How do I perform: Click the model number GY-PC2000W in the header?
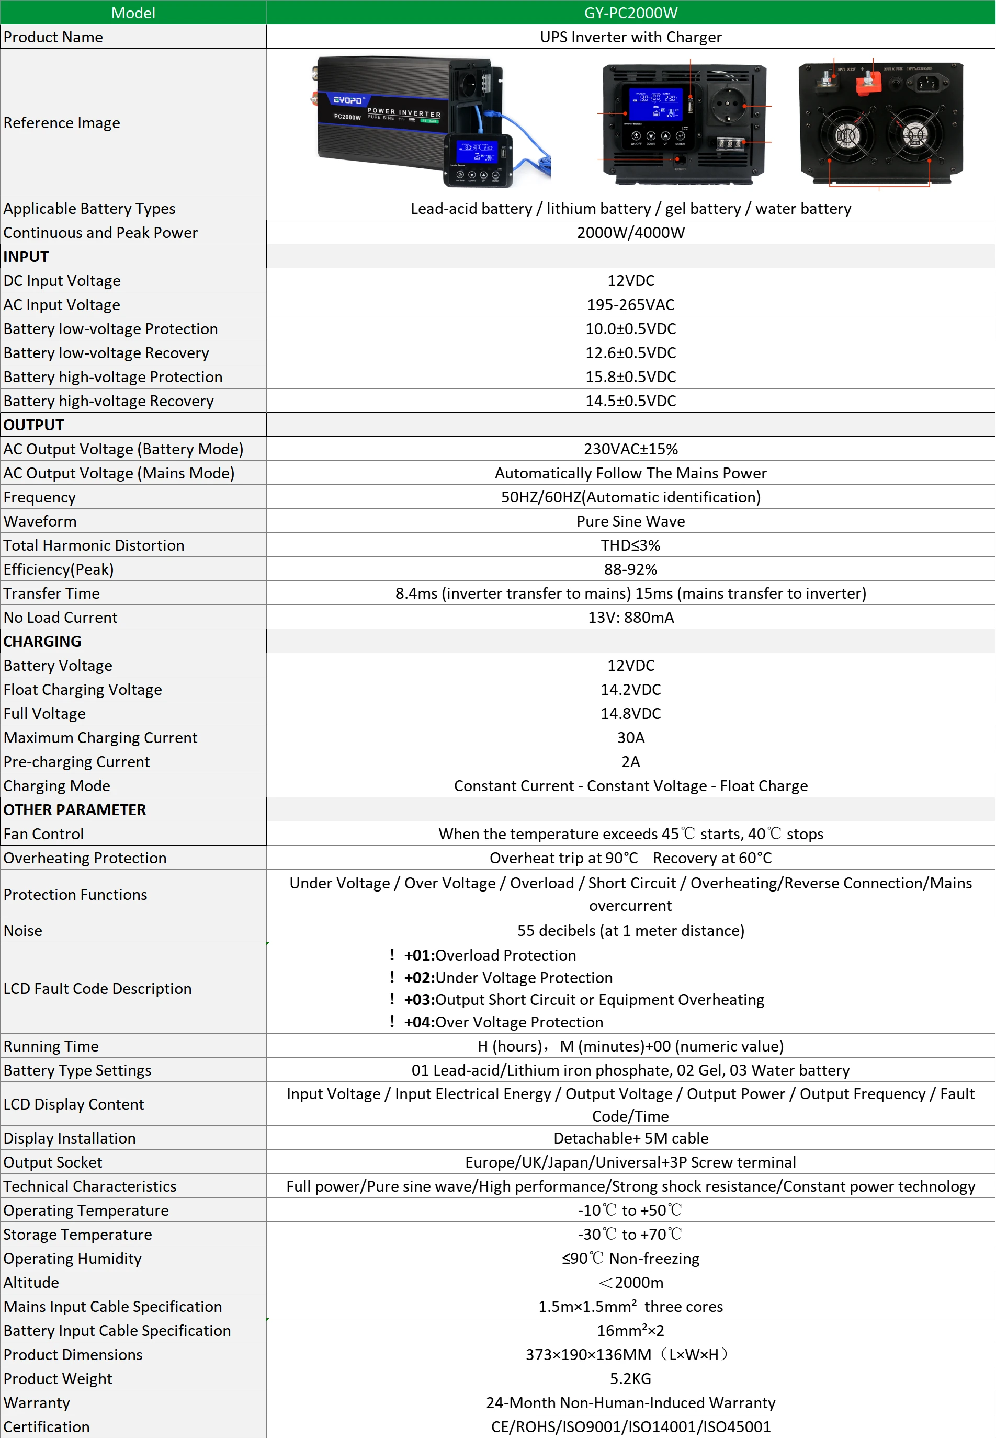[630, 13]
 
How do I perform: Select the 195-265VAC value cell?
[630, 304]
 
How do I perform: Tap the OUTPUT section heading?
[33, 425]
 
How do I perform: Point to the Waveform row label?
[40, 521]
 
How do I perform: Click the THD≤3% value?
[630, 545]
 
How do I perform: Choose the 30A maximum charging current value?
[630, 737]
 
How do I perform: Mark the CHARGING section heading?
[42, 641]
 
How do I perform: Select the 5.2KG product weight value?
[630, 1378]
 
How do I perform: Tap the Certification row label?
[47, 1426]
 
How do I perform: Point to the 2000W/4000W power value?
[630, 233]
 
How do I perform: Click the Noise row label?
[23, 930]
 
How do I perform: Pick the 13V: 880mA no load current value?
[630, 617]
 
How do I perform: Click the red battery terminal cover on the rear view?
[867, 82]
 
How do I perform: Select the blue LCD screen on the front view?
[655, 103]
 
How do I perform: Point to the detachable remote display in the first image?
[478, 159]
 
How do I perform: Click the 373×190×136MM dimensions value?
[627, 1354]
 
